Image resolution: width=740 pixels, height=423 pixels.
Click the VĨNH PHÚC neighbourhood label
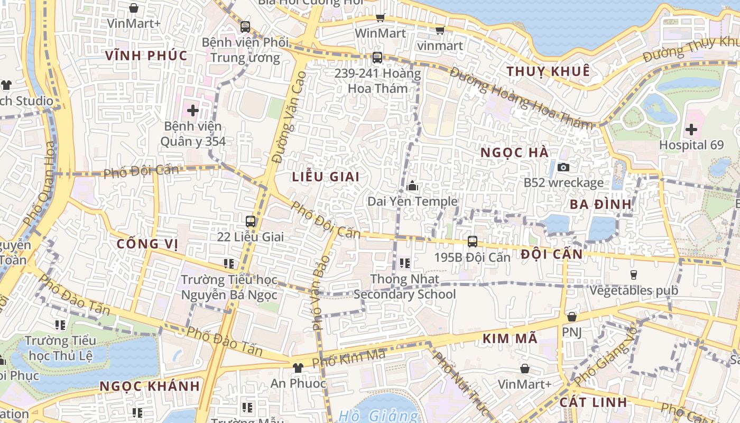pyautogui.click(x=146, y=56)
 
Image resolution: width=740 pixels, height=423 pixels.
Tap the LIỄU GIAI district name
pyautogui.click(x=326, y=177)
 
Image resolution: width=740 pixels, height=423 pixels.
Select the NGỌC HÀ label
pyautogui.click(x=515, y=153)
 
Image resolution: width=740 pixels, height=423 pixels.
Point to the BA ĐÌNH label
pyautogui.click(x=602, y=204)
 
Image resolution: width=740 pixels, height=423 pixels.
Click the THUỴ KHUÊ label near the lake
pyautogui.click(x=548, y=71)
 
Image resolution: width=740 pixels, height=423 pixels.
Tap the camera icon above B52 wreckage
pyautogui.click(x=563, y=167)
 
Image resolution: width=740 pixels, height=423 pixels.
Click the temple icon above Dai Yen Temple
pyautogui.click(x=413, y=186)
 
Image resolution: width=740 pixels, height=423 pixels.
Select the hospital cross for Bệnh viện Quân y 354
pyautogui.click(x=192, y=111)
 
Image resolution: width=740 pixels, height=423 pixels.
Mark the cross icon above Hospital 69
pyautogui.click(x=691, y=128)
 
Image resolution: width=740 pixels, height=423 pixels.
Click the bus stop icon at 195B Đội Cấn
pyautogui.click(x=473, y=241)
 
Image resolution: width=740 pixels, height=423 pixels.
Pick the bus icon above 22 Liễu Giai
pyautogui.click(x=251, y=222)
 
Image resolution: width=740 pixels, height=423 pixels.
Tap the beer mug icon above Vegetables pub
pyautogui.click(x=634, y=274)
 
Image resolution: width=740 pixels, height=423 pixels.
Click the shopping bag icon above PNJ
pyautogui.click(x=571, y=317)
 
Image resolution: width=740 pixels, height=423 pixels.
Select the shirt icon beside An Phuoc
pyautogui.click(x=298, y=367)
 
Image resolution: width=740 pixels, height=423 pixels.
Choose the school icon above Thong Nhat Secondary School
pyautogui.click(x=405, y=263)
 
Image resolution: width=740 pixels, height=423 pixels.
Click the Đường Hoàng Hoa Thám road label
pyautogui.click(x=521, y=98)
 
